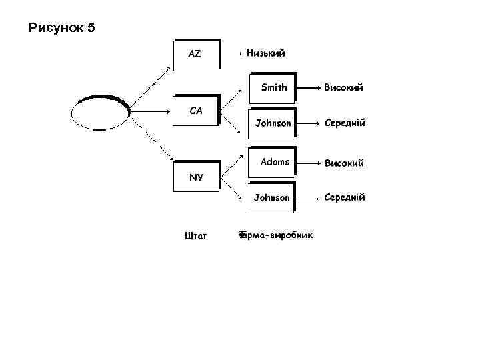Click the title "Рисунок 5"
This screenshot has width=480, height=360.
63,28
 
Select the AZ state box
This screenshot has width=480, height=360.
196,54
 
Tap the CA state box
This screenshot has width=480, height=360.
196,110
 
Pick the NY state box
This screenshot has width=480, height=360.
196,177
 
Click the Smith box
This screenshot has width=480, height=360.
272,87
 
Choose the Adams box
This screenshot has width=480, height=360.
272,162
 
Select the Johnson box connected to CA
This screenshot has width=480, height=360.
272,123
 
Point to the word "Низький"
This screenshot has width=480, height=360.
265,53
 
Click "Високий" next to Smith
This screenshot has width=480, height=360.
343,87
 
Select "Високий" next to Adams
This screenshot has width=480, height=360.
343,163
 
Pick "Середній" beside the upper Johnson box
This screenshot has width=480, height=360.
345,123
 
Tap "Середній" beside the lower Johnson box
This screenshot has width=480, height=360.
345,197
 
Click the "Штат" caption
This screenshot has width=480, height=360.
195,235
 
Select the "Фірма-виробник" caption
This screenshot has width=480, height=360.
276,235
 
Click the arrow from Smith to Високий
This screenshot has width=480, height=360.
307,87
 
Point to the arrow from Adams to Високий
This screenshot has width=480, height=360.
307,162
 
